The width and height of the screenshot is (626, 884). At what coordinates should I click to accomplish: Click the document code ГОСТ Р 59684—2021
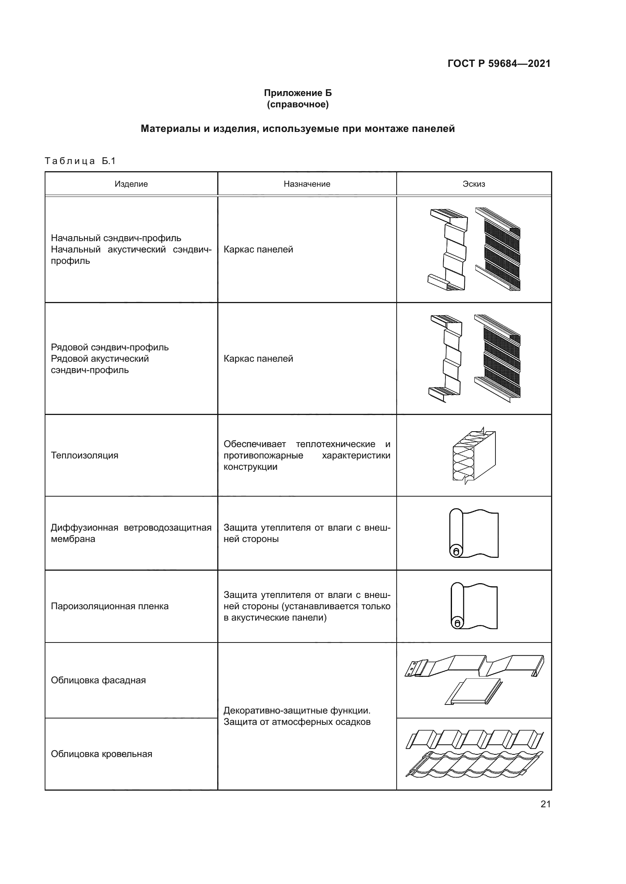click(x=499, y=63)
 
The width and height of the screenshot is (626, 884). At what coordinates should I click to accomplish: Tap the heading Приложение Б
click(x=297, y=93)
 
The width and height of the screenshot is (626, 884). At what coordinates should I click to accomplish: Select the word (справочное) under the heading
click(x=297, y=104)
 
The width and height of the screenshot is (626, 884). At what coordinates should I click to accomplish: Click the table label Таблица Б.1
click(x=80, y=161)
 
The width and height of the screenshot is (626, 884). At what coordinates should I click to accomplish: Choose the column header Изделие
click(x=131, y=184)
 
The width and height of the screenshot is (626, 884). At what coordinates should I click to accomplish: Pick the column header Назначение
click(x=307, y=184)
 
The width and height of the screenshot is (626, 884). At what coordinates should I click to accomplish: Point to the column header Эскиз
click(x=474, y=184)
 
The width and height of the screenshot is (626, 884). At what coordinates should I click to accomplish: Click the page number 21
click(x=545, y=804)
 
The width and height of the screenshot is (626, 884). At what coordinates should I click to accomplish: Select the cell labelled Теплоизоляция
click(x=84, y=455)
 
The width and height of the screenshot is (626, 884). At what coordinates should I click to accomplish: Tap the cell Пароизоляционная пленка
click(x=109, y=606)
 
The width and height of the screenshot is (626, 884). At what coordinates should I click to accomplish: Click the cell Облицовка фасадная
click(x=98, y=680)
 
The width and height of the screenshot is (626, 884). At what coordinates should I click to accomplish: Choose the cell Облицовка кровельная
click(x=101, y=754)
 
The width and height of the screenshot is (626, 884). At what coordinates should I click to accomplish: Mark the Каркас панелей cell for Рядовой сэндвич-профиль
click(x=258, y=359)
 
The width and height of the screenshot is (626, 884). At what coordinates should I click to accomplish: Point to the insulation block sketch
click(x=474, y=456)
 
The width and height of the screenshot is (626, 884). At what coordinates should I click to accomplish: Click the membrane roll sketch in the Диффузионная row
click(x=474, y=534)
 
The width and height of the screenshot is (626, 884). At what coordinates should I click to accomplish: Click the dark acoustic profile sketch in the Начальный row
click(x=498, y=249)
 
